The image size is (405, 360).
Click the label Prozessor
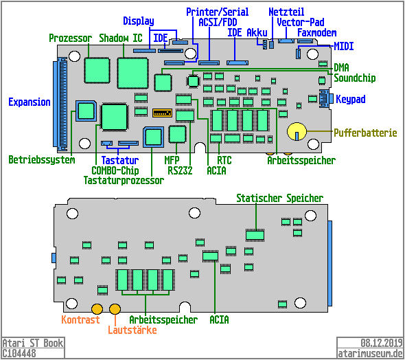71,37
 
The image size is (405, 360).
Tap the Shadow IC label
121,37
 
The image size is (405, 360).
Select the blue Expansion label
30,102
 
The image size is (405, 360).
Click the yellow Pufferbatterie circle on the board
296,131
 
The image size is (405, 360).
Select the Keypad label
350,100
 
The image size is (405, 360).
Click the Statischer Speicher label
279,199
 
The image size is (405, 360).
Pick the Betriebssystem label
40,160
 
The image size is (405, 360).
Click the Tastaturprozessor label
124,181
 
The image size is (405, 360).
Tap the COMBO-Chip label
115,170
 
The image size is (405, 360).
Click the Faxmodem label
316,33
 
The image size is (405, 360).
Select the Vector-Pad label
300,22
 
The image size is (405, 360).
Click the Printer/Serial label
218,12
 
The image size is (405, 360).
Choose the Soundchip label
355,78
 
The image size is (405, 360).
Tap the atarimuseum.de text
371,353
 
